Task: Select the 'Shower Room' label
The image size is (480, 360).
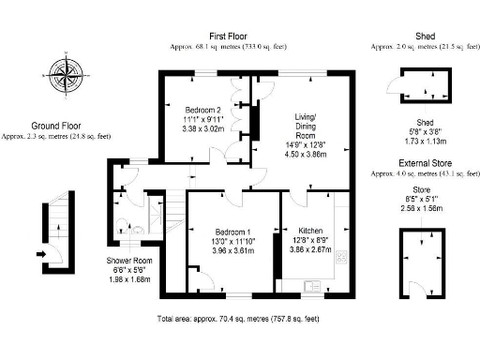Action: click(x=129, y=261)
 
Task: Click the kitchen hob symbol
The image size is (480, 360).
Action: click(x=342, y=255)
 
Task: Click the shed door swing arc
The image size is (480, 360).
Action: click(x=392, y=90)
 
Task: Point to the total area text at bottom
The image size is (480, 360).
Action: click(x=239, y=319)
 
